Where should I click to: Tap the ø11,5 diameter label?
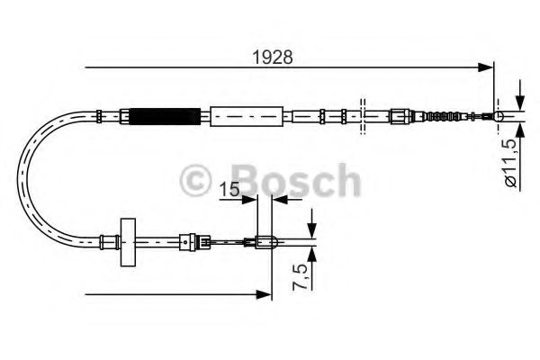coord(509,162)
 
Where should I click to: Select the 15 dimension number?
coord(228,190)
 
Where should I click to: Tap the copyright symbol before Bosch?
coord(196,181)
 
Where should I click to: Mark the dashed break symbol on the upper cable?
coord(361,116)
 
